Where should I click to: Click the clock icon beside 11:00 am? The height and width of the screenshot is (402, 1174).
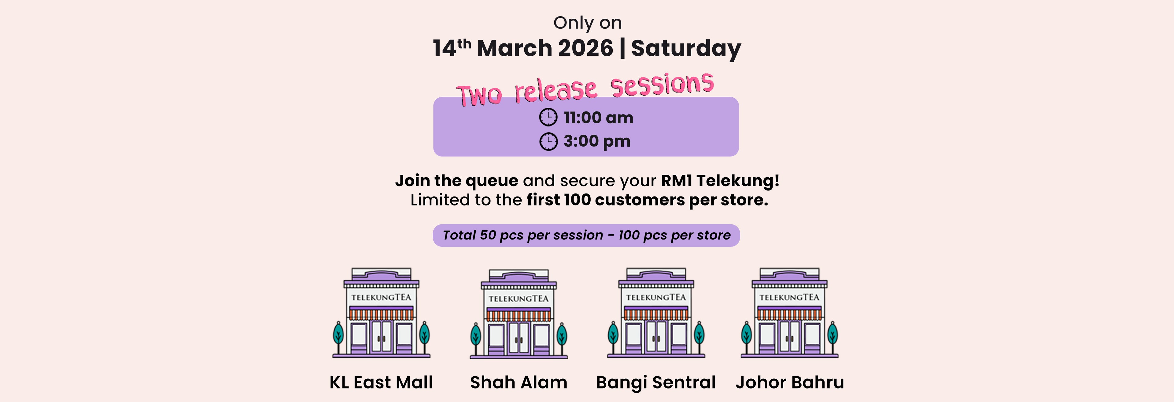548,117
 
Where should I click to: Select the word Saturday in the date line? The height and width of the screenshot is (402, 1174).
686,49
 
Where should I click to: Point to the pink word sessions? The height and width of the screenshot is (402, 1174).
662,85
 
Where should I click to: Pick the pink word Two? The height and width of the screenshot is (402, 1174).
479,95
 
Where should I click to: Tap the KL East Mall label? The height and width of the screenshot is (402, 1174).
381,382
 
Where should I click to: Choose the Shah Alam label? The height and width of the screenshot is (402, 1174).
519,382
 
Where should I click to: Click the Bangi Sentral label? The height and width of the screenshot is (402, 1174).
656,383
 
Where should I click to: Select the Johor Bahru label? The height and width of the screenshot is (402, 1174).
790,382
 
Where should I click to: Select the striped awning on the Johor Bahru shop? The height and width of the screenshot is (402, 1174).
789,313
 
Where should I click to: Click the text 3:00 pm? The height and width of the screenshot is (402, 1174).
597,141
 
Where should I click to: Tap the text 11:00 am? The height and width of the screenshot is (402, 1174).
598,118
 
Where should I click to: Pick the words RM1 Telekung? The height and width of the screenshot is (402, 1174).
720,181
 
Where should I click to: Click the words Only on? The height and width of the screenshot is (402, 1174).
587,23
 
